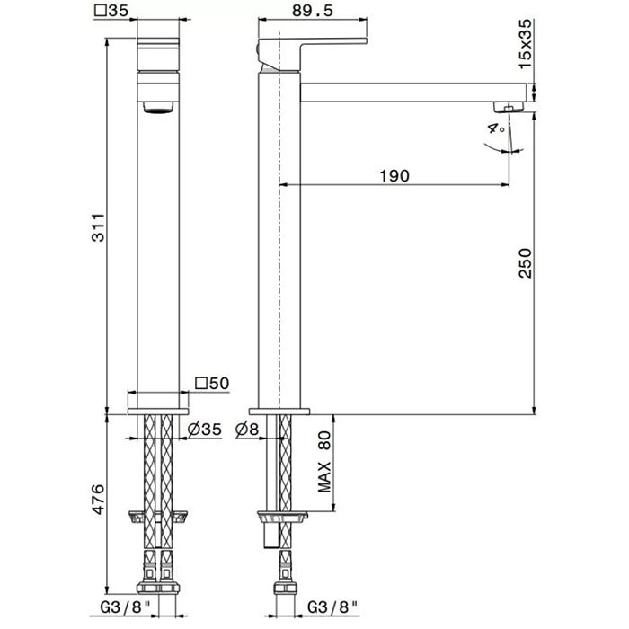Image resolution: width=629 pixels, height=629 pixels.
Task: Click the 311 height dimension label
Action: [99, 227]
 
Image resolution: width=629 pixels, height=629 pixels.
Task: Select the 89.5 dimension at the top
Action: [313, 11]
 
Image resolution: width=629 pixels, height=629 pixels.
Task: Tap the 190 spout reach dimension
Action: [394, 176]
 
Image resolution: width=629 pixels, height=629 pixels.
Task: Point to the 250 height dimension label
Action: [525, 263]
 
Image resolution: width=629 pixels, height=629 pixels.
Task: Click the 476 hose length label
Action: [99, 500]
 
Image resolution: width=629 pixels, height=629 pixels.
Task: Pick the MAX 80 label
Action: [324, 462]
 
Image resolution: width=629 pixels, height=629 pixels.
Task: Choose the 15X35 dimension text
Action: [525, 44]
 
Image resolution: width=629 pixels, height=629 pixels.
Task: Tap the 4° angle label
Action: [496, 128]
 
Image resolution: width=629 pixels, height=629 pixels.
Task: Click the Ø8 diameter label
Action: [247, 430]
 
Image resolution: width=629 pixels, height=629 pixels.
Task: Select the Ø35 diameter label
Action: [205, 430]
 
